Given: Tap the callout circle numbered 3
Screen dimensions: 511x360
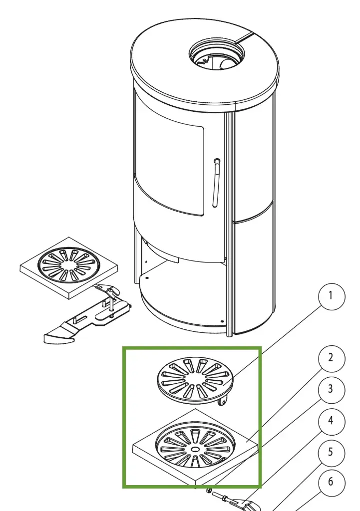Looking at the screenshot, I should coord(331,388).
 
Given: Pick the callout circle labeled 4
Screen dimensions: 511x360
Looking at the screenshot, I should coord(331,421).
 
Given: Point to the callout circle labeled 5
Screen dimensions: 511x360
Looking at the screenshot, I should coord(331,454).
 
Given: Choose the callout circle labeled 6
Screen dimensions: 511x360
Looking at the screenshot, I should coord(331,483).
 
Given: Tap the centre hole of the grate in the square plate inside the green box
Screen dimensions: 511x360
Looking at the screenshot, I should coord(193,449).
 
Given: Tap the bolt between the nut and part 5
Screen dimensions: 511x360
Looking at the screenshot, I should coord(222,497).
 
